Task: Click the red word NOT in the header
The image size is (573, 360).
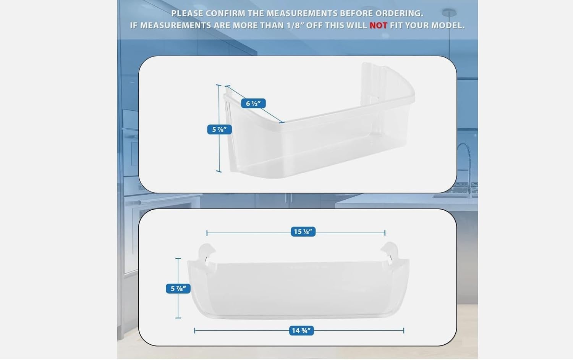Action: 378,26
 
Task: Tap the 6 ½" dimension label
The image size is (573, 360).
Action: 253,103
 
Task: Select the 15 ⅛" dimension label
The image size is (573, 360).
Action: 303,232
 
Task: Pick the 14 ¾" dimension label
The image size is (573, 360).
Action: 301,331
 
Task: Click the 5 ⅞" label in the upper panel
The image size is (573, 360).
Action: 219,130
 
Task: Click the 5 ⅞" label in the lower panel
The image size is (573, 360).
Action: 178,289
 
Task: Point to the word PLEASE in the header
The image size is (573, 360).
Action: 187,13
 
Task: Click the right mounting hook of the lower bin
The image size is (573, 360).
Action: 390,251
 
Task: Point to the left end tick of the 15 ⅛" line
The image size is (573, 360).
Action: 207,232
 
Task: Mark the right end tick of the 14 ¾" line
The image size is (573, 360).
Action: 403,331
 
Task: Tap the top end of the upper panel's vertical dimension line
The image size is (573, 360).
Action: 219,85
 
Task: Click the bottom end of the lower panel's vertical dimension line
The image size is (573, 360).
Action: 178,317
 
